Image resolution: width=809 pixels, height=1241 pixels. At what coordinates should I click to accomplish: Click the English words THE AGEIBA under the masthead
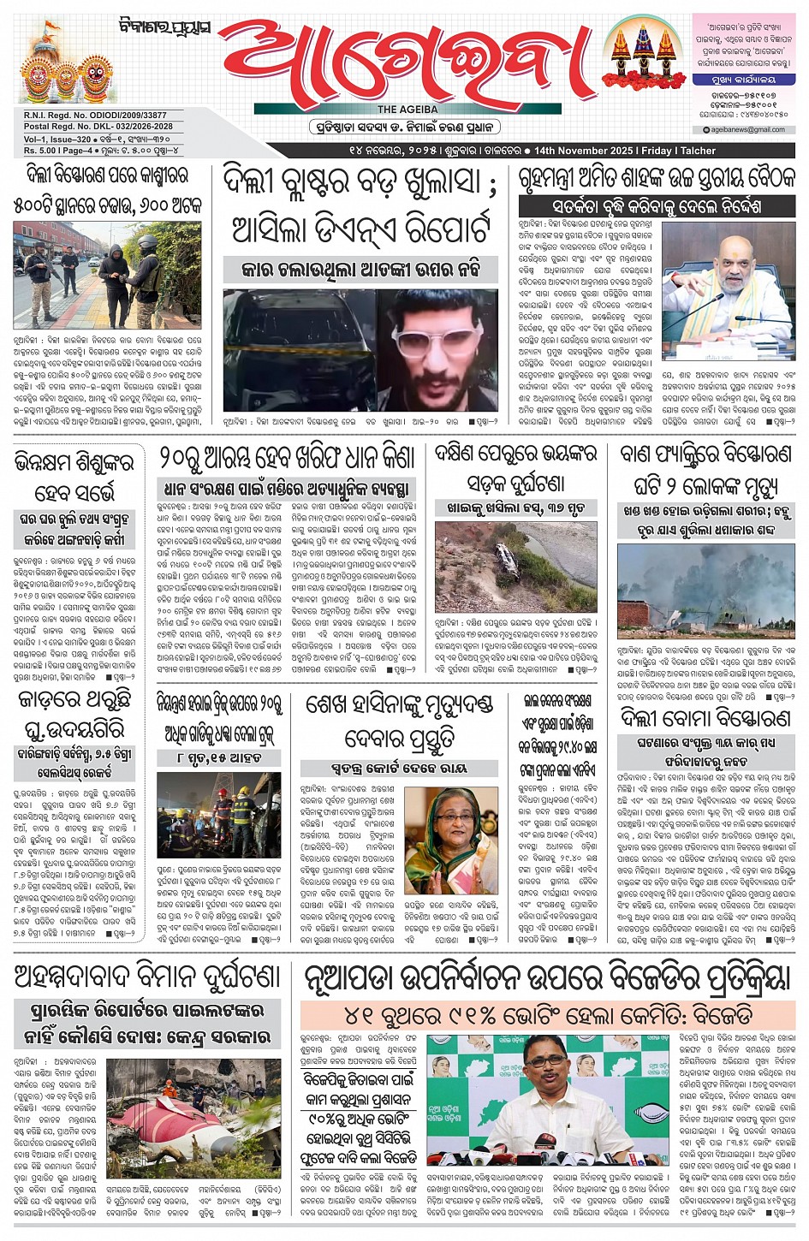point(407,110)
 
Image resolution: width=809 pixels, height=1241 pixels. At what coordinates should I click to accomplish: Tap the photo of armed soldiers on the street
point(107,274)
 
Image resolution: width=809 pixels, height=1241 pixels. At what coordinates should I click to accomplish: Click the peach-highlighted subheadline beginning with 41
point(548,1015)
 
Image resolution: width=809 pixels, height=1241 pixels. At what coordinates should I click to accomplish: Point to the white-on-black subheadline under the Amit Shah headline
point(657,206)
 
